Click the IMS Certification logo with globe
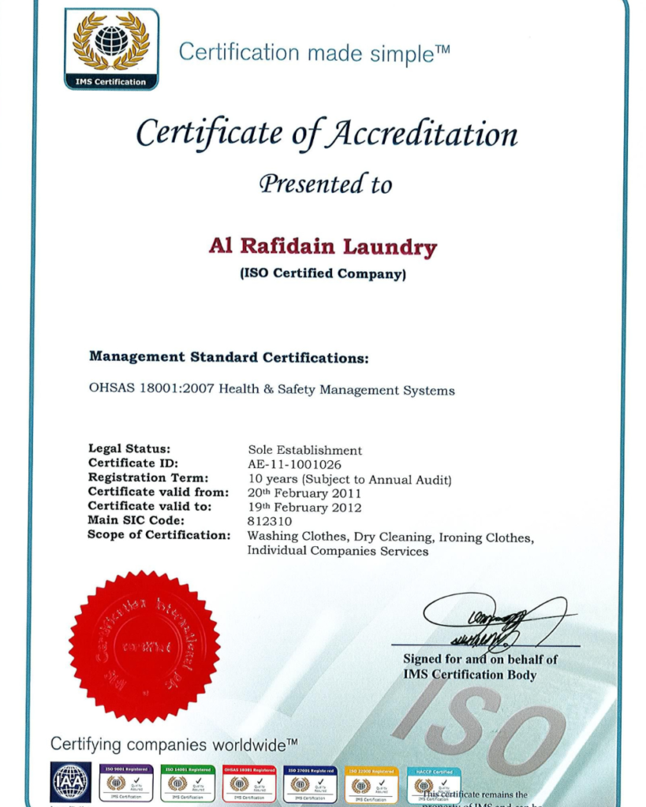pos(111,48)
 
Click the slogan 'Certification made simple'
pos(314,53)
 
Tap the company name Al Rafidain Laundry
pos(323,247)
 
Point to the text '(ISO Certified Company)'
pos(323,274)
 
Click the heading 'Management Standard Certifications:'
pos(229,357)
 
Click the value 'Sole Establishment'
pos(304,450)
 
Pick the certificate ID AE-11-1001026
pos(294,464)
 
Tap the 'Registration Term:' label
pos(148,478)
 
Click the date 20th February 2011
pos(304,493)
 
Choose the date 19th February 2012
pos(304,507)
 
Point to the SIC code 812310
pos(270,521)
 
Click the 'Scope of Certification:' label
pos(159,535)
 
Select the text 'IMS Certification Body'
pos(469,675)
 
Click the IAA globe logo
pos(71,782)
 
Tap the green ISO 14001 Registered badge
pos(188,783)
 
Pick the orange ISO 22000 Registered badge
pos(372,783)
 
